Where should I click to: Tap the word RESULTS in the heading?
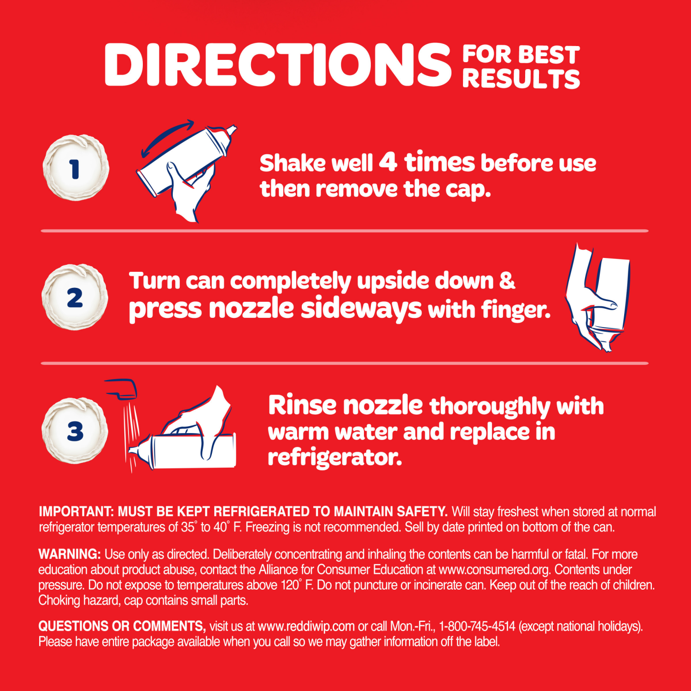tap(521, 79)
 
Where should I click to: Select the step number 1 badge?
tap(76, 168)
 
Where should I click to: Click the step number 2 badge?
tap(75, 297)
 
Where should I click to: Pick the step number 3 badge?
tap(75, 430)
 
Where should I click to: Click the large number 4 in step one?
tap(388, 162)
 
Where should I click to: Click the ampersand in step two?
tap(507, 280)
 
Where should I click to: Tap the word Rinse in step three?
tap(302, 405)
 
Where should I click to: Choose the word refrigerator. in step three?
tap(334, 457)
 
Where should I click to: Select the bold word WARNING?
tap(69, 554)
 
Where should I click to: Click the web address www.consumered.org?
tap(494, 570)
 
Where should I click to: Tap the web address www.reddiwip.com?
tap(306, 627)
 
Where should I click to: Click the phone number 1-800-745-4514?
tap(477, 627)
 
